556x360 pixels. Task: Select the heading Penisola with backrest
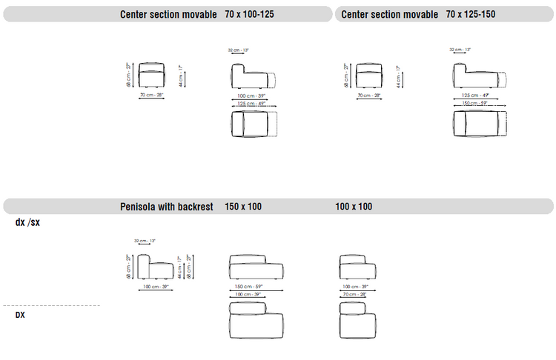(167, 207)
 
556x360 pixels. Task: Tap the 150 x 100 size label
(243, 207)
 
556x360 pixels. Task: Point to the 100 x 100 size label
(354, 207)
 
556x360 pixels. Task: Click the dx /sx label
(27, 222)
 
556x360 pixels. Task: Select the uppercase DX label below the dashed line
(21, 315)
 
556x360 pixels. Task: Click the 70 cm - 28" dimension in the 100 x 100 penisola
(354, 294)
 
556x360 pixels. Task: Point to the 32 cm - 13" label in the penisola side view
(145, 241)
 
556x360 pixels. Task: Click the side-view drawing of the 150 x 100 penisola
(254, 266)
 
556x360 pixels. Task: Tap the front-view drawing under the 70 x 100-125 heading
(152, 75)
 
